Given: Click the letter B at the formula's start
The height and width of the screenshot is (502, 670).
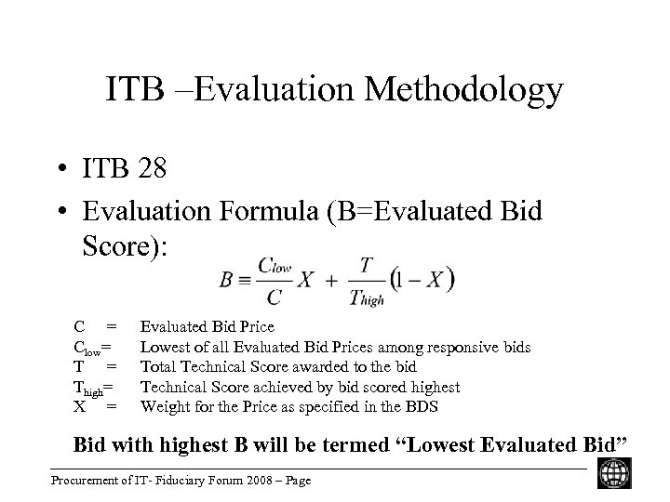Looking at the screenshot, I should pos(227,278).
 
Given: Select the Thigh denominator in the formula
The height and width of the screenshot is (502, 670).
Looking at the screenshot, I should pos(366,297).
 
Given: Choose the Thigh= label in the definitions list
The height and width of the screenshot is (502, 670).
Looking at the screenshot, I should pos(95,388).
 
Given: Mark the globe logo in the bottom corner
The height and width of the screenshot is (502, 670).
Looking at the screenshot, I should pos(612,471).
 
